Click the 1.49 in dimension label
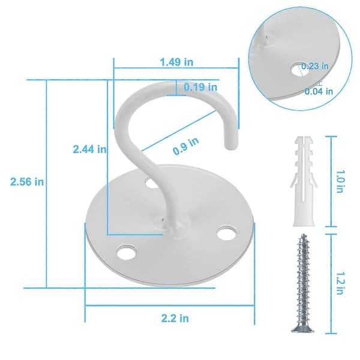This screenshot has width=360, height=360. (176, 62)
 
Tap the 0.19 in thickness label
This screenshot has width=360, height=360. (200, 87)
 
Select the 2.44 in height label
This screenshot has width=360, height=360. (90, 149)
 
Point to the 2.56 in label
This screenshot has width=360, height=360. (27, 182)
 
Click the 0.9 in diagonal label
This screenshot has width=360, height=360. (186, 146)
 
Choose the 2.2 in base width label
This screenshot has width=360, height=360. (175, 319)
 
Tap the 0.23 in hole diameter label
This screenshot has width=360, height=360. (315, 66)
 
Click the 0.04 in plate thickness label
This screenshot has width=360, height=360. (319, 91)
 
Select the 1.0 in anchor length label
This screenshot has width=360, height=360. (340, 181)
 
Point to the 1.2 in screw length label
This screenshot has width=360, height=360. (340, 283)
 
